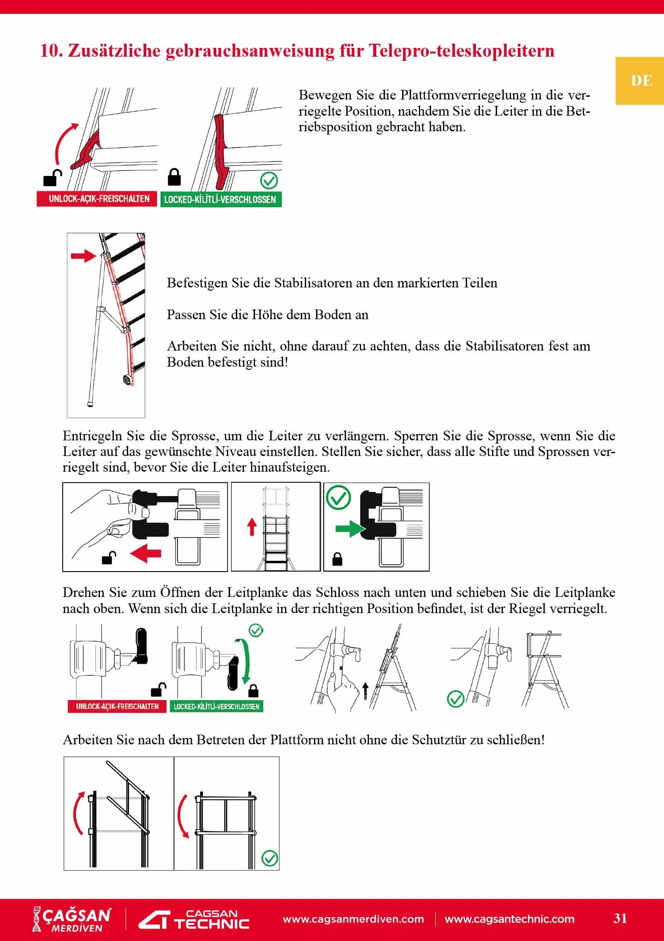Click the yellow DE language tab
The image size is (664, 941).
640,81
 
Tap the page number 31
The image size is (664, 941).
620,918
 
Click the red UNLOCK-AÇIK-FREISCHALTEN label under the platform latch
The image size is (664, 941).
99,199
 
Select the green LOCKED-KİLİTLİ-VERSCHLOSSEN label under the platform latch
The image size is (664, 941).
220,199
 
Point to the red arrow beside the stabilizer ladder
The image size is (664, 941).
83,256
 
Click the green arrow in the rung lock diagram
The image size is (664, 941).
349,528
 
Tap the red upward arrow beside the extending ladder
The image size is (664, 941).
252,526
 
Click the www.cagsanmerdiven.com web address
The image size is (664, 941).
353,919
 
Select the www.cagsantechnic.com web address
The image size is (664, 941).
510,919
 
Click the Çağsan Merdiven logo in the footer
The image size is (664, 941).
72,919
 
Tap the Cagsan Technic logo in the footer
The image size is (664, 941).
195,919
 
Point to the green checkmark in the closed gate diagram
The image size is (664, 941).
270,858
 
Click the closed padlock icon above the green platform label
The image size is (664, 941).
174,177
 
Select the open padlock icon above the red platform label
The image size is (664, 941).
52,178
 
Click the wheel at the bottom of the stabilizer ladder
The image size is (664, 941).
126,380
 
